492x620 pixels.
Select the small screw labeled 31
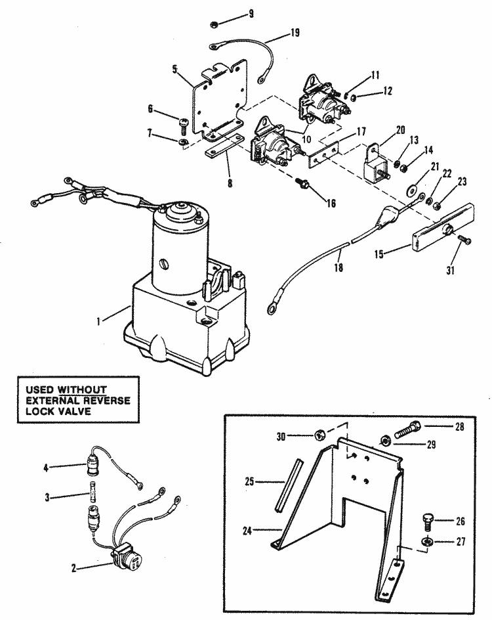click(x=465, y=239)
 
